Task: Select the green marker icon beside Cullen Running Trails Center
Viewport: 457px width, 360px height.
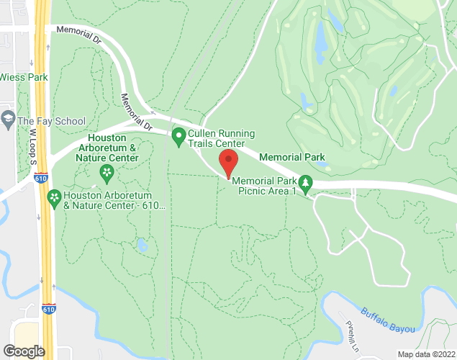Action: click(178, 134)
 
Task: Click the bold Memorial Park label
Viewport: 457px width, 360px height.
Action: click(291, 157)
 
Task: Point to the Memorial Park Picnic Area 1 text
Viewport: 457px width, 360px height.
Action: click(264, 185)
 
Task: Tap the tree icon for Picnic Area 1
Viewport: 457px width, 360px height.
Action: click(306, 185)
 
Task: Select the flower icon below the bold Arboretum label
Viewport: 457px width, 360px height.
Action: click(107, 172)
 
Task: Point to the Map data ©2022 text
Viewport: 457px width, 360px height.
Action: click(427, 354)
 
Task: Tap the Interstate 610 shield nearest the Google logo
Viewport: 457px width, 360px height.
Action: click(48, 308)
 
